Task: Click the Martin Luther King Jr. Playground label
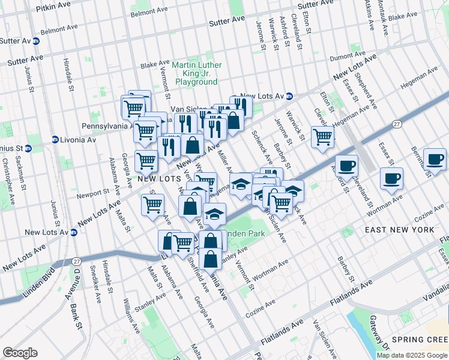pos(196,73)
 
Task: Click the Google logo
pos(20,353)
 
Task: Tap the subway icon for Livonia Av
pos(55,139)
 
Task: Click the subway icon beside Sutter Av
pos(36,41)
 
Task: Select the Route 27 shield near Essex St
pos(397,124)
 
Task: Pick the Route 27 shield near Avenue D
pos(76,262)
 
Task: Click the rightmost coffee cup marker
pos(434,159)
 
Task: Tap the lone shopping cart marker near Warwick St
pos(322,136)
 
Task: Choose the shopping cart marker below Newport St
pos(152,204)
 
